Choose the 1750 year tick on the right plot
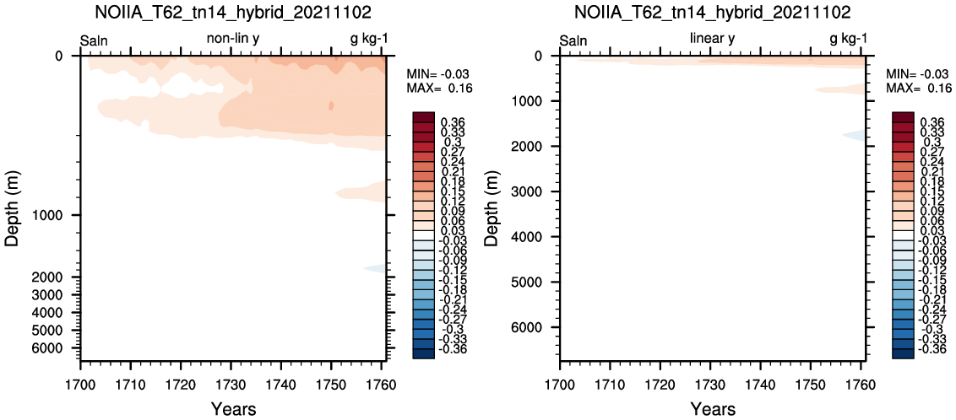tap(810, 385)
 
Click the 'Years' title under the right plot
tap(712, 407)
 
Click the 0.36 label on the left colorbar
tap(453, 122)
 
